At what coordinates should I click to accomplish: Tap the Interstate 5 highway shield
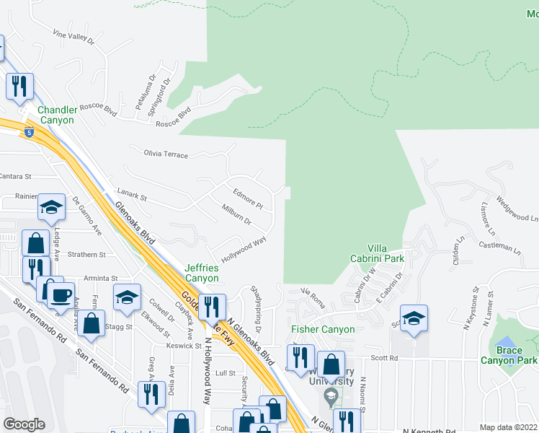click(x=27, y=134)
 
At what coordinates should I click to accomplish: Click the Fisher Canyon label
click(x=323, y=329)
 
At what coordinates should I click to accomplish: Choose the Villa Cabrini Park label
click(x=386, y=253)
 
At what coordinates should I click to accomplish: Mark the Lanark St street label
click(x=132, y=196)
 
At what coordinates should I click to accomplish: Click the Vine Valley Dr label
click(x=74, y=36)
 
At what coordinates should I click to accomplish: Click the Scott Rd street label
click(x=384, y=358)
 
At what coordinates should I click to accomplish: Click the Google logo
click(x=24, y=424)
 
